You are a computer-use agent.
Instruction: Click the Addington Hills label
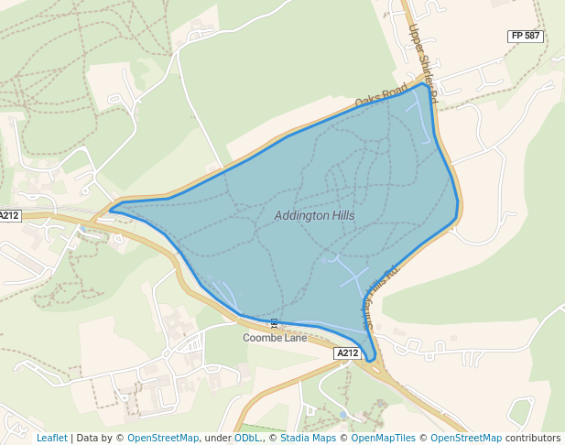[x=314, y=215]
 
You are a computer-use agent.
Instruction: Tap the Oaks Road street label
[x=381, y=94]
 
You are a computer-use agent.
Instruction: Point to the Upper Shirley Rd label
[x=424, y=62]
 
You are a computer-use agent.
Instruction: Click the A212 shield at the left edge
[x=9, y=216]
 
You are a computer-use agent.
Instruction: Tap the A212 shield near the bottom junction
[x=346, y=353]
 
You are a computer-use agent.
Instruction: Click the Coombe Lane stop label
[x=274, y=337]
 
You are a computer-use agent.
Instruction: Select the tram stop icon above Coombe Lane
[x=274, y=323]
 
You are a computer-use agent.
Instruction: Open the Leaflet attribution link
[x=51, y=438]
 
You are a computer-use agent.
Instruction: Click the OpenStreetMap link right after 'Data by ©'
[x=163, y=438]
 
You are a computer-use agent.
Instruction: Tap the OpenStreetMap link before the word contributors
[x=466, y=438]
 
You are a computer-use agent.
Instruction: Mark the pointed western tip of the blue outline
[x=110, y=210]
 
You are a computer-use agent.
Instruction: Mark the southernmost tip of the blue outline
[x=371, y=360]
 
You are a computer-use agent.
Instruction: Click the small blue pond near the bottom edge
[x=342, y=415]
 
